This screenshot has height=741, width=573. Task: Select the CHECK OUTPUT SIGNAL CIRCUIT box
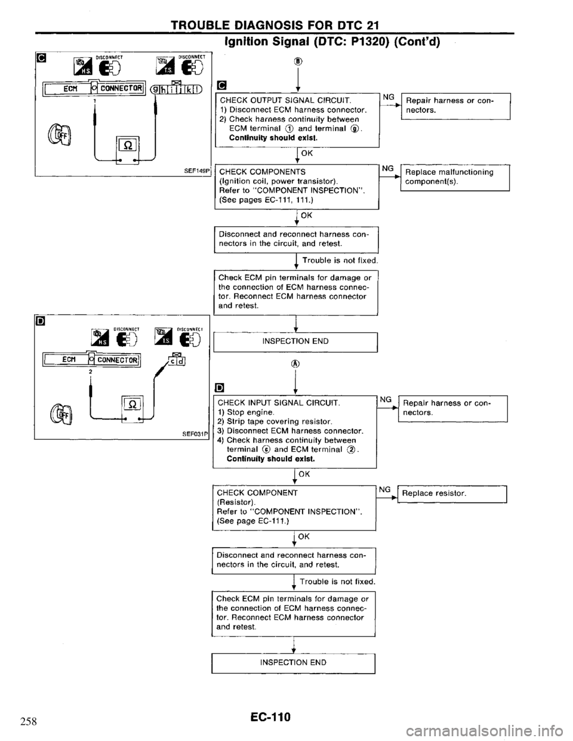[x=295, y=119]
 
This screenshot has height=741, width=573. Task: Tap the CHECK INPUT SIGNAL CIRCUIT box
[x=295, y=433]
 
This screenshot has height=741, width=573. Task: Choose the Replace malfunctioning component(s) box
[x=454, y=178]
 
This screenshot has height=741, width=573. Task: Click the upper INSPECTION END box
[x=295, y=342]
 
